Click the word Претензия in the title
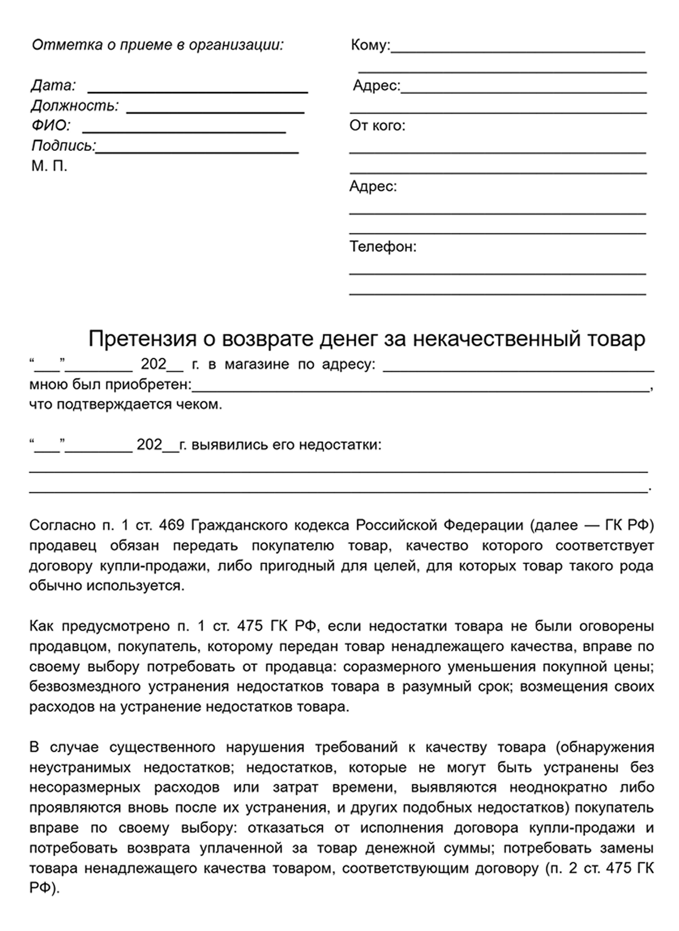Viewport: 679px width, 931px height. (142, 339)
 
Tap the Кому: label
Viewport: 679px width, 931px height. (370, 45)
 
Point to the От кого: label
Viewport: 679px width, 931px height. (377, 126)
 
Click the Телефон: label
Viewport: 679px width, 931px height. (383, 247)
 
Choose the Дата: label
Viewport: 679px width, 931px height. (53, 85)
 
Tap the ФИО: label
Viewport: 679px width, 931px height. (51, 126)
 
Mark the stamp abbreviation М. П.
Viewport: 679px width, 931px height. (49, 166)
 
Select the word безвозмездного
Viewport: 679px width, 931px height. (85, 687)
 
